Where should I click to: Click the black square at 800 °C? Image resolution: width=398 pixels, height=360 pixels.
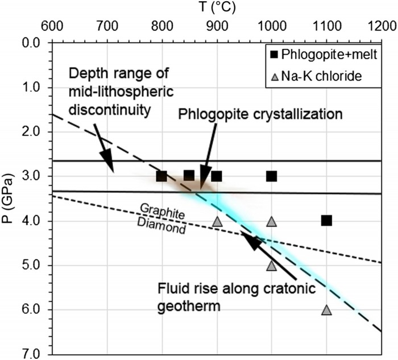tap(161, 176)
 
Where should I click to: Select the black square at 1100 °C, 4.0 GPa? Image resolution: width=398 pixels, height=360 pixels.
tap(326, 221)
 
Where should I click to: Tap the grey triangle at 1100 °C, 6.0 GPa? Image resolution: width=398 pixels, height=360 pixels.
tap(326, 310)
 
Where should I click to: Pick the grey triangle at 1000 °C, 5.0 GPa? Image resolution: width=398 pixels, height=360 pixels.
tap(272, 266)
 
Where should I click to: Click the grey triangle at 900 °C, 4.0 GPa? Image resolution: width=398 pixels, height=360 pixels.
tap(217, 221)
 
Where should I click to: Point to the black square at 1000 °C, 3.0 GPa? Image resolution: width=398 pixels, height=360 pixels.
tap(272, 176)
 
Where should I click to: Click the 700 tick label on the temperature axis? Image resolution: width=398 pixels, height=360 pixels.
tap(107, 26)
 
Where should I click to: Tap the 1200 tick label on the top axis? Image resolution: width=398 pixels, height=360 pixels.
tap(381, 26)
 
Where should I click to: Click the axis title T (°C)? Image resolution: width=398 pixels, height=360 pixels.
tap(217, 7)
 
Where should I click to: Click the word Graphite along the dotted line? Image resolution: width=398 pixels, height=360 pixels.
tap(163, 212)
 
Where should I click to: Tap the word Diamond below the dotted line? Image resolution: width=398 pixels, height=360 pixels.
tap(161, 226)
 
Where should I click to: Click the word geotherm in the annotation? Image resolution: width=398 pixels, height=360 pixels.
tap(189, 306)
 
